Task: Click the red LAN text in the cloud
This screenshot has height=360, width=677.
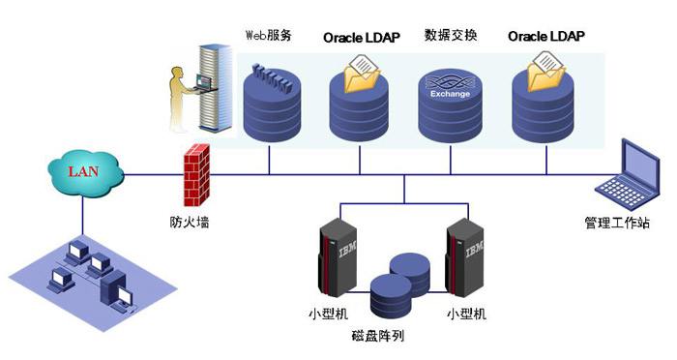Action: pyautogui.click(x=83, y=171)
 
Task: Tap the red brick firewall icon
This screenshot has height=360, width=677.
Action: pyautogui.click(x=196, y=175)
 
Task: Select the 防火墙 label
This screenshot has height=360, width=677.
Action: pyautogui.click(x=190, y=223)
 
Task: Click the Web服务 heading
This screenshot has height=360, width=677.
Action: pyautogui.click(x=269, y=35)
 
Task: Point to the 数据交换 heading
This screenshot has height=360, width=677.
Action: pyautogui.click(x=451, y=35)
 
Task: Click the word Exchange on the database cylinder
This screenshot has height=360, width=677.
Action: pyautogui.click(x=450, y=93)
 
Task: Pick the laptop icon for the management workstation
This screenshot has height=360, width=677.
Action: pyautogui.click(x=629, y=174)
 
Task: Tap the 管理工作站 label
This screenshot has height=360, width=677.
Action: pyautogui.click(x=617, y=223)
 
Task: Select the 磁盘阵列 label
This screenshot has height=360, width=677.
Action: pyautogui.click(x=378, y=336)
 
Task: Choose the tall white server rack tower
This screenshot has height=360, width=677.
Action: pyautogui.click(x=215, y=88)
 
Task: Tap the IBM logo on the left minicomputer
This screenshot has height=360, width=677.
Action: pyautogui.click(x=347, y=249)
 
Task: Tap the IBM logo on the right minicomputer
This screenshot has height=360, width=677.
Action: pyautogui.click(x=474, y=249)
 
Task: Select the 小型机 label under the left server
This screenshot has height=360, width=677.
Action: pyautogui.click(x=328, y=314)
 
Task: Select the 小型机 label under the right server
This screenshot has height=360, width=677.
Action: pyautogui.click(x=466, y=314)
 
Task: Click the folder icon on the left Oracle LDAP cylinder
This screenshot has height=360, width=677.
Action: pyautogui.click(x=362, y=74)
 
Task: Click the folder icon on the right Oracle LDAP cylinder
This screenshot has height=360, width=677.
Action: pyautogui.click(x=545, y=72)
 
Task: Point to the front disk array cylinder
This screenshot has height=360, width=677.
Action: pyautogui.click(x=391, y=296)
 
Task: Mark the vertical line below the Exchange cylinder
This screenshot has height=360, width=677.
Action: pyautogui.click(x=451, y=160)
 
